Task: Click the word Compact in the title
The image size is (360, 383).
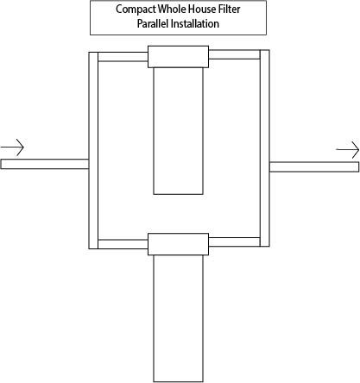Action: coord(136,9)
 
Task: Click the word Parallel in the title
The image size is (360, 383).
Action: coord(153,23)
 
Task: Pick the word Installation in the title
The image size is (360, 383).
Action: coord(195,23)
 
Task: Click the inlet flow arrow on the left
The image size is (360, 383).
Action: coord(12,148)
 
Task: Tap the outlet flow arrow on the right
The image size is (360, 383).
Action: coord(348,149)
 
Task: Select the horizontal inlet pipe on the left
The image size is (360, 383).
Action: coord(45,164)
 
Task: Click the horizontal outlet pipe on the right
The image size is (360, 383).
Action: coord(314,166)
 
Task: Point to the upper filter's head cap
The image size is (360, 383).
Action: coord(178,57)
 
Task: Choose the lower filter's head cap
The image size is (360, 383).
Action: coord(178,244)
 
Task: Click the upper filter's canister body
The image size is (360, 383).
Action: coord(178,131)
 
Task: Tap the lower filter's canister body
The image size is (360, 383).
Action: coord(178,318)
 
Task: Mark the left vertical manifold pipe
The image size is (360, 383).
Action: coord(93,150)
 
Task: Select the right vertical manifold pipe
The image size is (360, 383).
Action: coord(265,148)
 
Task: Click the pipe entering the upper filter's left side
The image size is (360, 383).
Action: coord(123,57)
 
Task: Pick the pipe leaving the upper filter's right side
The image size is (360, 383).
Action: coord(234,54)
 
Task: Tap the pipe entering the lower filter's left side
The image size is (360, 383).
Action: coord(123,244)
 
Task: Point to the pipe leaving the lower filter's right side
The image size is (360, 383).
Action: coord(234,242)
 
